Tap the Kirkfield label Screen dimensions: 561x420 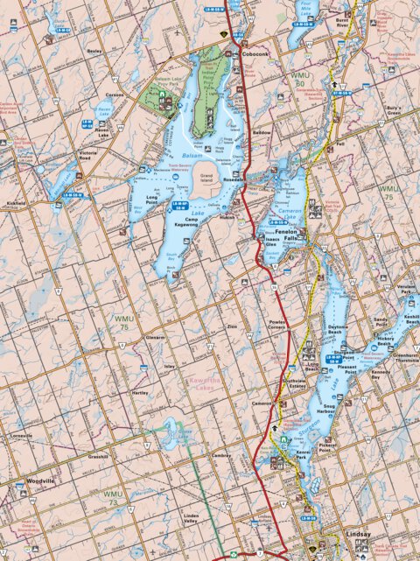(x=16, y=203)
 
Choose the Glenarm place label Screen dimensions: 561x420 (x=155, y=337)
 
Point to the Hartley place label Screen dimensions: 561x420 (x=139, y=393)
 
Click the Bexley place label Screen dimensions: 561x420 (x=95, y=52)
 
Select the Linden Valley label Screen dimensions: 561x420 (x=190, y=519)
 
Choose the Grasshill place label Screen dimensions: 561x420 (x=98, y=457)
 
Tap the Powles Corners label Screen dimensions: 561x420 (x=277, y=326)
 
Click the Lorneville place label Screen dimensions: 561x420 (x=21, y=435)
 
